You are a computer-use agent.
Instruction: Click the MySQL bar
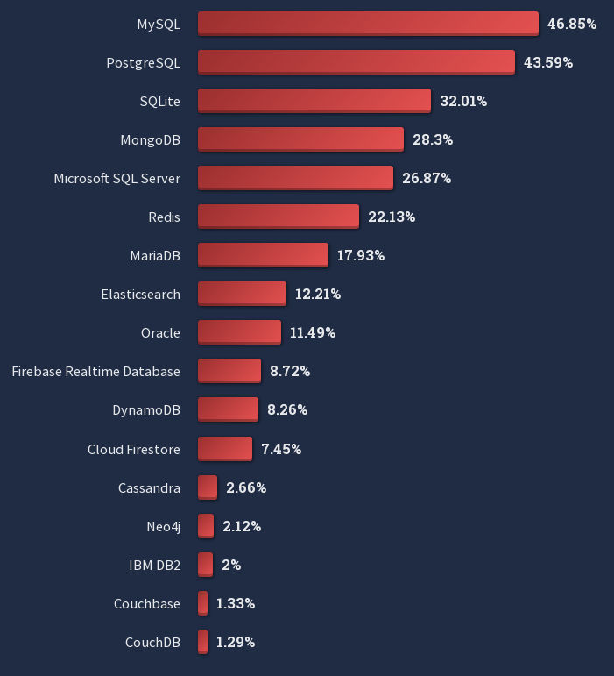tap(368, 24)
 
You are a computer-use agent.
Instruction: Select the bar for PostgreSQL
tap(356, 62)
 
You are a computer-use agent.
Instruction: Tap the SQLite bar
tap(314, 101)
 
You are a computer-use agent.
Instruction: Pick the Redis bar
tap(278, 217)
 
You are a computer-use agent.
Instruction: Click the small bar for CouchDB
tap(202, 642)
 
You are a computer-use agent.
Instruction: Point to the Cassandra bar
tap(207, 487)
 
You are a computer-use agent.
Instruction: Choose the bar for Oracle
tap(239, 332)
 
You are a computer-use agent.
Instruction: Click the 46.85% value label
tap(572, 24)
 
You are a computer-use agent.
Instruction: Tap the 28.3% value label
tap(433, 139)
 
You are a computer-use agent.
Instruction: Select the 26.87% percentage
tap(427, 178)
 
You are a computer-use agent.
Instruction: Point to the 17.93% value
tap(361, 255)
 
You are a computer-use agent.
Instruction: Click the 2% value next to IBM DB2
tap(231, 565)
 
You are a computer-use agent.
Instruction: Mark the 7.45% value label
tap(281, 449)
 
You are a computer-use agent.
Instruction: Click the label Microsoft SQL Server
tap(116, 178)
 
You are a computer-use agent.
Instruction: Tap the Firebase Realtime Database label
tap(95, 372)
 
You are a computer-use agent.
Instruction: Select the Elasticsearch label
tap(140, 295)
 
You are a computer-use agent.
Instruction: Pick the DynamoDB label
tap(146, 410)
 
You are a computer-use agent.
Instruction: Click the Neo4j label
tap(163, 526)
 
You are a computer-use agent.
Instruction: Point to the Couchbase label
tap(146, 603)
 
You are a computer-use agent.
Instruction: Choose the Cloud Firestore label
tap(133, 449)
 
